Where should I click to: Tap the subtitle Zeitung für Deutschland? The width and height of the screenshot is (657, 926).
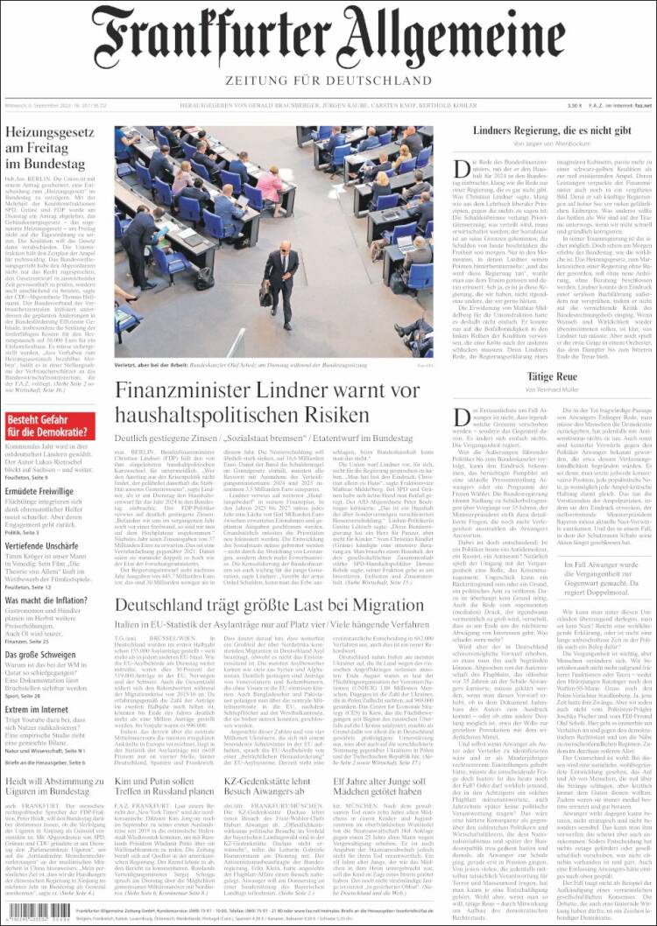pos(328,81)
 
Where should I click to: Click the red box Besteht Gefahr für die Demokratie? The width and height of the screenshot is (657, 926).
pos(49,426)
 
